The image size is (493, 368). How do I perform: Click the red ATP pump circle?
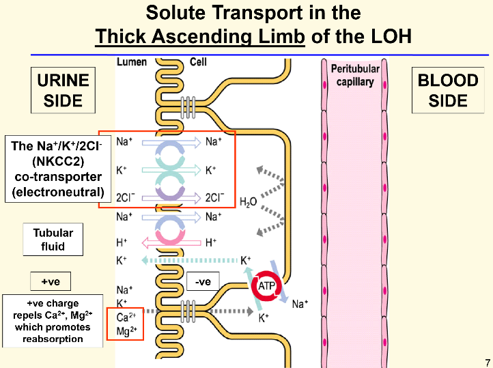(265, 288)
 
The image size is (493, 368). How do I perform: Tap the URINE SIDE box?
(63, 91)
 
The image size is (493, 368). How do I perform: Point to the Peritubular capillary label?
(355, 75)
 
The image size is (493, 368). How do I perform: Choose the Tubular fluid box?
(53, 240)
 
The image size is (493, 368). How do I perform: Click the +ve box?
(51, 281)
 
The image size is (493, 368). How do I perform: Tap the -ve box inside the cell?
(202, 281)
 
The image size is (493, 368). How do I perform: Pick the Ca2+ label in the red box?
(125, 317)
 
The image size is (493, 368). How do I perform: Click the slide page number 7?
(487, 362)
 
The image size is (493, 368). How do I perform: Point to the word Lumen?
(131, 61)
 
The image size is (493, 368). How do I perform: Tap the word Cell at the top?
(198, 61)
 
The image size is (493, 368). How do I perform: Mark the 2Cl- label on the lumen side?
(124, 198)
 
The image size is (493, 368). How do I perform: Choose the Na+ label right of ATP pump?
(300, 305)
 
